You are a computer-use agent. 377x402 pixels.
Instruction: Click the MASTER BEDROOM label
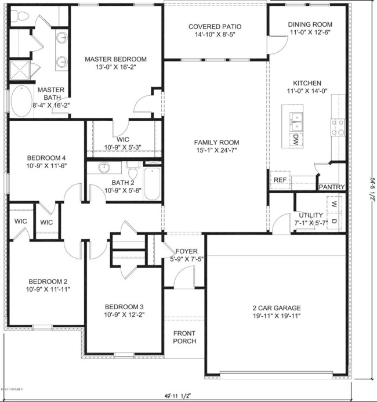(x=115, y=59)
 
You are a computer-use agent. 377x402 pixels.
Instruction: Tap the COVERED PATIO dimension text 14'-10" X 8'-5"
(x=215, y=35)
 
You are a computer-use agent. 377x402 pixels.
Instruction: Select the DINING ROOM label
(x=310, y=24)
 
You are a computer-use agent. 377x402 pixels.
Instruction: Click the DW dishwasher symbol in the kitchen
(x=295, y=139)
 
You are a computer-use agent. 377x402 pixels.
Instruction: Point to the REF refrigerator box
(x=280, y=180)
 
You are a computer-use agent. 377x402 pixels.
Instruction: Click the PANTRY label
(x=332, y=187)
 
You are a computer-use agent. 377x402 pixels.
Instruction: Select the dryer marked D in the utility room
(x=334, y=221)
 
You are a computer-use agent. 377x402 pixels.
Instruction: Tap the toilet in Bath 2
(x=132, y=172)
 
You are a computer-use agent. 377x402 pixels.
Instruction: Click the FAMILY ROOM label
(x=216, y=143)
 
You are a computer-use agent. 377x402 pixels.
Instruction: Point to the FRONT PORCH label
(x=184, y=337)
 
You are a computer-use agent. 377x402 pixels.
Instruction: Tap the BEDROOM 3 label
(x=124, y=307)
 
